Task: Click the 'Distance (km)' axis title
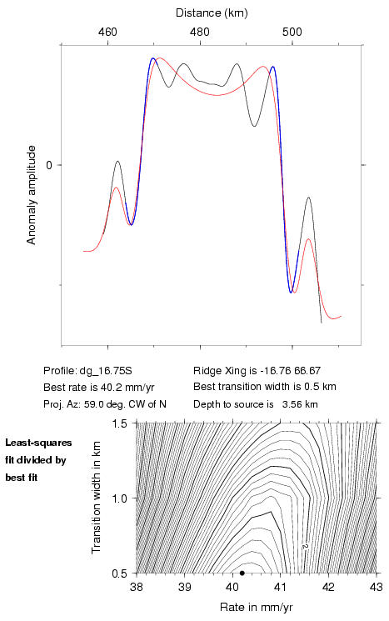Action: click(212, 13)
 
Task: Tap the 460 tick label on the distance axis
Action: click(107, 32)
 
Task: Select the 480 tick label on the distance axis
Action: click(200, 32)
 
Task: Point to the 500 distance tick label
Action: click(292, 32)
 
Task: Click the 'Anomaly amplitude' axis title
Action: click(32, 195)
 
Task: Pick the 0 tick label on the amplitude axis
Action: click(49, 165)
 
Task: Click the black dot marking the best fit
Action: click(242, 573)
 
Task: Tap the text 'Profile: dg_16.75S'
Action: click(87, 371)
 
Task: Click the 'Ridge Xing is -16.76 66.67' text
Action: click(257, 371)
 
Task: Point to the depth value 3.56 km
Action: click(300, 404)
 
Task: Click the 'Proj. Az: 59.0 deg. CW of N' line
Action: click(105, 404)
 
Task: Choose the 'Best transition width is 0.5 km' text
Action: click(265, 387)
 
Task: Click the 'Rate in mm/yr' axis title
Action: click(256, 607)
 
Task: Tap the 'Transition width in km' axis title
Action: click(96, 498)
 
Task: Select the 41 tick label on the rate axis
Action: click(280, 587)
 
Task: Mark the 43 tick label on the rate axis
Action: click(377, 587)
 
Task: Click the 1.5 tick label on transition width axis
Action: click(119, 423)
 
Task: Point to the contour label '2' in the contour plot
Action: click(305, 547)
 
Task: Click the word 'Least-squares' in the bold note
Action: click(38, 443)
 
